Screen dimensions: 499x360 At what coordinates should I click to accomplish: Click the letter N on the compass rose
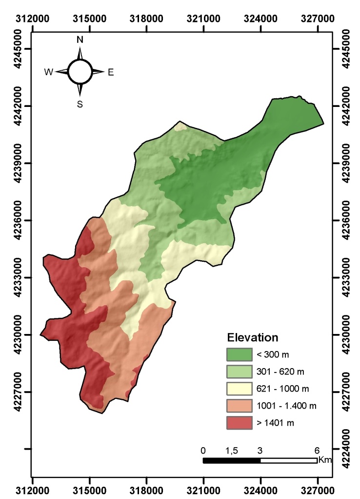pyautogui.click(x=80, y=40)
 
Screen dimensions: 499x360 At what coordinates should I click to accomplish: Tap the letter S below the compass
pyautogui.click(x=80, y=104)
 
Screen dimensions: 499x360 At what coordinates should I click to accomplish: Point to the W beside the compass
pyautogui.click(x=49, y=72)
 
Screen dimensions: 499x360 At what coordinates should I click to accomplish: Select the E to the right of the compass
pyautogui.click(x=111, y=72)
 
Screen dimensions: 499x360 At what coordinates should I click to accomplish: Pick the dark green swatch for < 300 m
pyautogui.click(x=240, y=354)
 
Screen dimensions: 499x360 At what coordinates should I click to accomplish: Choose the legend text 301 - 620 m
pyautogui.click(x=273, y=372)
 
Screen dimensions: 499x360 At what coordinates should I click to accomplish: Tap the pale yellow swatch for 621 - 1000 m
pyautogui.click(x=240, y=389)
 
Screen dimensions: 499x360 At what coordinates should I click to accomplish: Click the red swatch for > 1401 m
pyautogui.click(x=240, y=422)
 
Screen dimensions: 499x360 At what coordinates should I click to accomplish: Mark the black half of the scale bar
pyautogui.click(x=232, y=460)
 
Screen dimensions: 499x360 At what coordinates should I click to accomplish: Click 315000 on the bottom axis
pyautogui.click(x=89, y=489)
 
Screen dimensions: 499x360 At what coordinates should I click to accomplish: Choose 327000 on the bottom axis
pyautogui.click(x=318, y=489)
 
